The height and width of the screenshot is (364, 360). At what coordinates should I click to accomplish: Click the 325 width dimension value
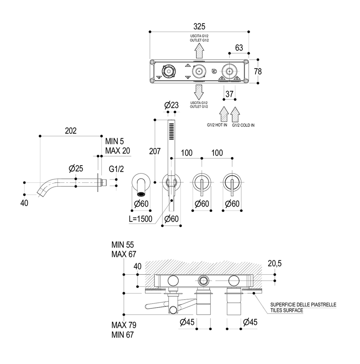(x=199, y=26)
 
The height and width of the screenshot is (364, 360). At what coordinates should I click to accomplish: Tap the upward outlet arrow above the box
(x=199, y=51)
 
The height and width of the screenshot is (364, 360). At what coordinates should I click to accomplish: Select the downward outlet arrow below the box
(x=199, y=91)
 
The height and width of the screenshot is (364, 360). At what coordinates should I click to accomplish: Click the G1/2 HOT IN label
(x=217, y=125)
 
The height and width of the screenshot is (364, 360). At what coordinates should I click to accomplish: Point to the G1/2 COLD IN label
(x=243, y=125)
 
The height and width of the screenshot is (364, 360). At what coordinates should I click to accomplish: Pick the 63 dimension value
(x=239, y=47)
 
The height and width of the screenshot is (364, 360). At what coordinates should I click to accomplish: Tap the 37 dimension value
(x=229, y=94)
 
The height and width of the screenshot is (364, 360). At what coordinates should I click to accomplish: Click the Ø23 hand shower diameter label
(x=171, y=105)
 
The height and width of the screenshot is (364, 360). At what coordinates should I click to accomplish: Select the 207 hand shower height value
(x=155, y=151)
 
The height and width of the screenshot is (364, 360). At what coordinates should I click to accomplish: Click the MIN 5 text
(x=115, y=141)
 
